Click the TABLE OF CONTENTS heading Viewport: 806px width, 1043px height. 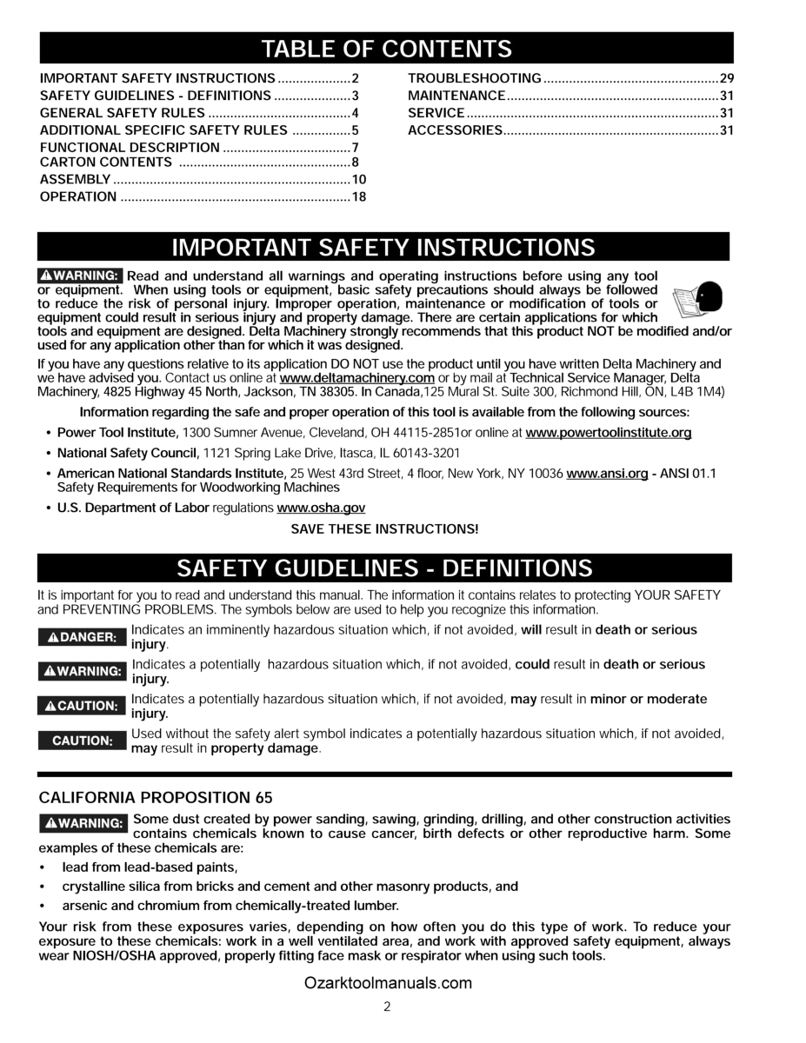pyautogui.click(x=386, y=48)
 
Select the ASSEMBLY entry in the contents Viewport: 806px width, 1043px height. pyautogui.click(x=76, y=180)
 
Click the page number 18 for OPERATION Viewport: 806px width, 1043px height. pyautogui.click(x=358, y=197)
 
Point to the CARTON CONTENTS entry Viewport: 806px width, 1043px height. pyautogui.click(x=106, y=163)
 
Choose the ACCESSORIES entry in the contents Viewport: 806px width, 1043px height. pyautogui.click(x=455, y=130)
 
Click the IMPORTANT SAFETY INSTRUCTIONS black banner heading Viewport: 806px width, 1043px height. pyautogui.click(x=383, y=248)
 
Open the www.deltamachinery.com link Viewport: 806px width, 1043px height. pyautogui.click(x=357, y=378)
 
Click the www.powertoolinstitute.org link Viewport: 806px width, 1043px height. pyautogui.click(x=609, y=432)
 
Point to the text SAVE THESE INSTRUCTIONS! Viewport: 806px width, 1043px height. pyautogui.click(x=384, y=528)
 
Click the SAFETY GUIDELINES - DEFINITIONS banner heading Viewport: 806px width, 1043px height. pyautogui.click(x=384, y=568)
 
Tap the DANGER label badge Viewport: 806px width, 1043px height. pyautogui.click(x=82, y=637)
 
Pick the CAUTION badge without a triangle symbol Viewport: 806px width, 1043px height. pyautogui.click(x=82, y=741)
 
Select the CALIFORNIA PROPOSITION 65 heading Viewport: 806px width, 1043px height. pyautogui.click(x=156, y=797)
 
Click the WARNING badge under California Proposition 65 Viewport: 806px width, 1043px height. pyautogui.click(x=83, y=822)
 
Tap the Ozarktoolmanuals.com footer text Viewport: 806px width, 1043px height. pyautogui.click(x=388, y=984)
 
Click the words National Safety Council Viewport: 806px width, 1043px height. pyautogui.click(x=128, y=453)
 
